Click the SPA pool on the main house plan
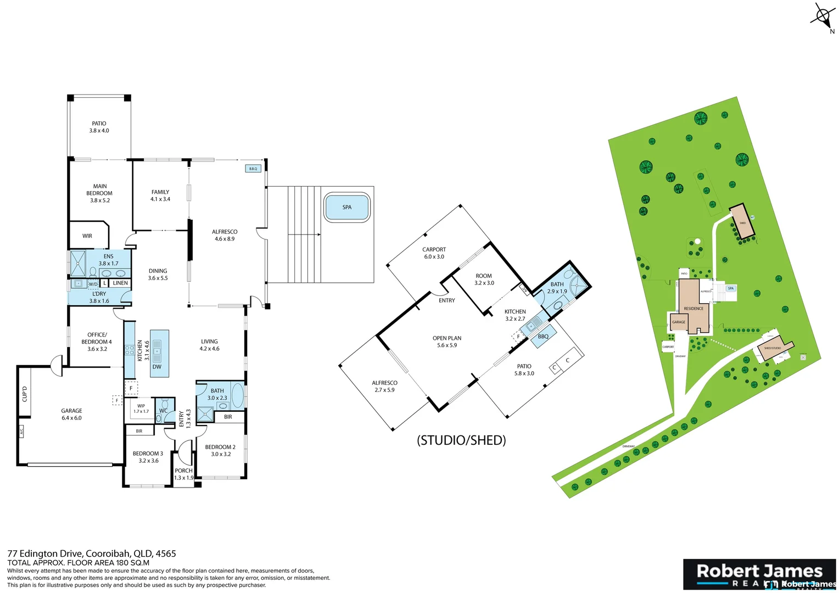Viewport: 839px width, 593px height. point(347,207)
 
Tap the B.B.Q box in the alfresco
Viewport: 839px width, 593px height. point(253,169)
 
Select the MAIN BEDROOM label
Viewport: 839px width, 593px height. point(99,193)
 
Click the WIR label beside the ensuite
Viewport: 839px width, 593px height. point(87,236)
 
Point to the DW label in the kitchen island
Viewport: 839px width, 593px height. point(157,367)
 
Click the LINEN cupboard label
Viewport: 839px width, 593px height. point(120,283)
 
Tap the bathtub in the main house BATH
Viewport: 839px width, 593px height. point(238,395)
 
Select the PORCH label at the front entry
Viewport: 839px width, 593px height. point(184,471)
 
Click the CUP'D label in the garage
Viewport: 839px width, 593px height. point(25,394)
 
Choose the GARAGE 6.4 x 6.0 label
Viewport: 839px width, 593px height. point(71,415)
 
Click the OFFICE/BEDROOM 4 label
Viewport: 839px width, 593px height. point(97,342)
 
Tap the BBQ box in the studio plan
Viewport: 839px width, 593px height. point(542,337)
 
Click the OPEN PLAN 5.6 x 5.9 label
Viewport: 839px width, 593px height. point(447,342)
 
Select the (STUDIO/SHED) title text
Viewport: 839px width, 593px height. point(461,440)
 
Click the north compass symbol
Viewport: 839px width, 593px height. point(823,16)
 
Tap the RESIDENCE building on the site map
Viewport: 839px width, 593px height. point(693,307)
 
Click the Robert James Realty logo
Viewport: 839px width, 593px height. point(759,574)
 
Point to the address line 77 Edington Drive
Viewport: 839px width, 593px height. point(92,553)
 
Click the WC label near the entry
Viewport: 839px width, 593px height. point(163,411)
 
